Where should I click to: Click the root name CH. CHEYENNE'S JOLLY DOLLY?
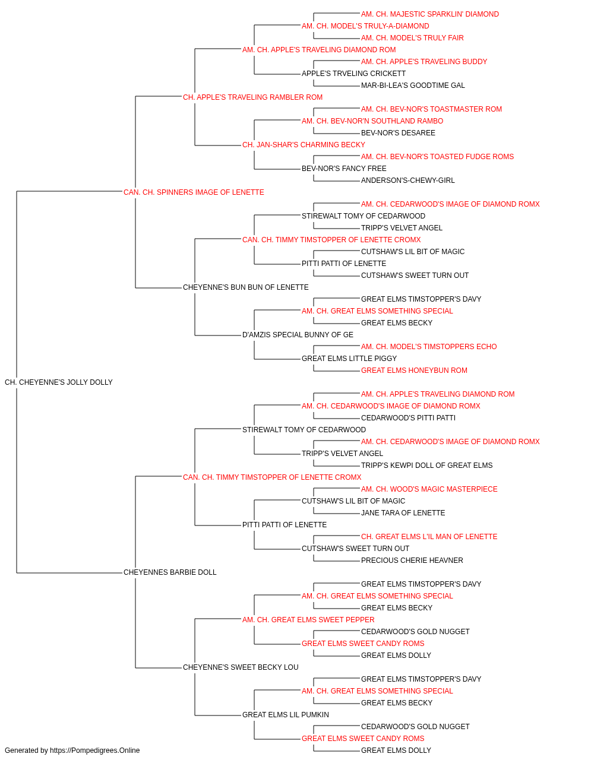tap(59, 382)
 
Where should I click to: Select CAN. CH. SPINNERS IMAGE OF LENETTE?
tap(194, 192)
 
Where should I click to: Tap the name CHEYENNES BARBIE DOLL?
tap(170, 572)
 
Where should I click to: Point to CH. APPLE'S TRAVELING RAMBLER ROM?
tap(252, 97)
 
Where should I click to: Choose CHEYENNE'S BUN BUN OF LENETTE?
tap(245, 287)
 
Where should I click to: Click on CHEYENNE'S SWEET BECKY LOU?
tap(241, 667)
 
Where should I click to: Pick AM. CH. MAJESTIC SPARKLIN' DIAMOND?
tap(430, 14)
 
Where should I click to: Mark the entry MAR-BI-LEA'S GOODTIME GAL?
tap(413, 85)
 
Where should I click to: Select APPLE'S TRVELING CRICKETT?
tap(353, 74)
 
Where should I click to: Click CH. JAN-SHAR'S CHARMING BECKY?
tap(304, 145)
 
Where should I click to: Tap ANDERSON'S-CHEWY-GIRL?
tap(408, 180)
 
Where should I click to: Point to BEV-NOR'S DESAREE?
tap(398, 133)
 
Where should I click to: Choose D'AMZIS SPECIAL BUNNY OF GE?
tap(298, 335)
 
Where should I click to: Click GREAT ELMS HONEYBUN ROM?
tap(414, 370)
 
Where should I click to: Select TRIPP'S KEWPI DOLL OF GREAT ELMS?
tap(426, 465)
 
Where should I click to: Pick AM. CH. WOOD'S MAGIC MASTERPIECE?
tap(429, 489)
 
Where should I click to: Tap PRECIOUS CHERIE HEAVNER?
tap(412, 560)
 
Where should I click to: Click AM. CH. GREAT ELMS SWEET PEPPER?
tap(308, 620)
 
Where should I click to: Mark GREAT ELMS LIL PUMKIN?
tap(286, 714)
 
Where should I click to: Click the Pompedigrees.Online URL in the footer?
tap(95, 750)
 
